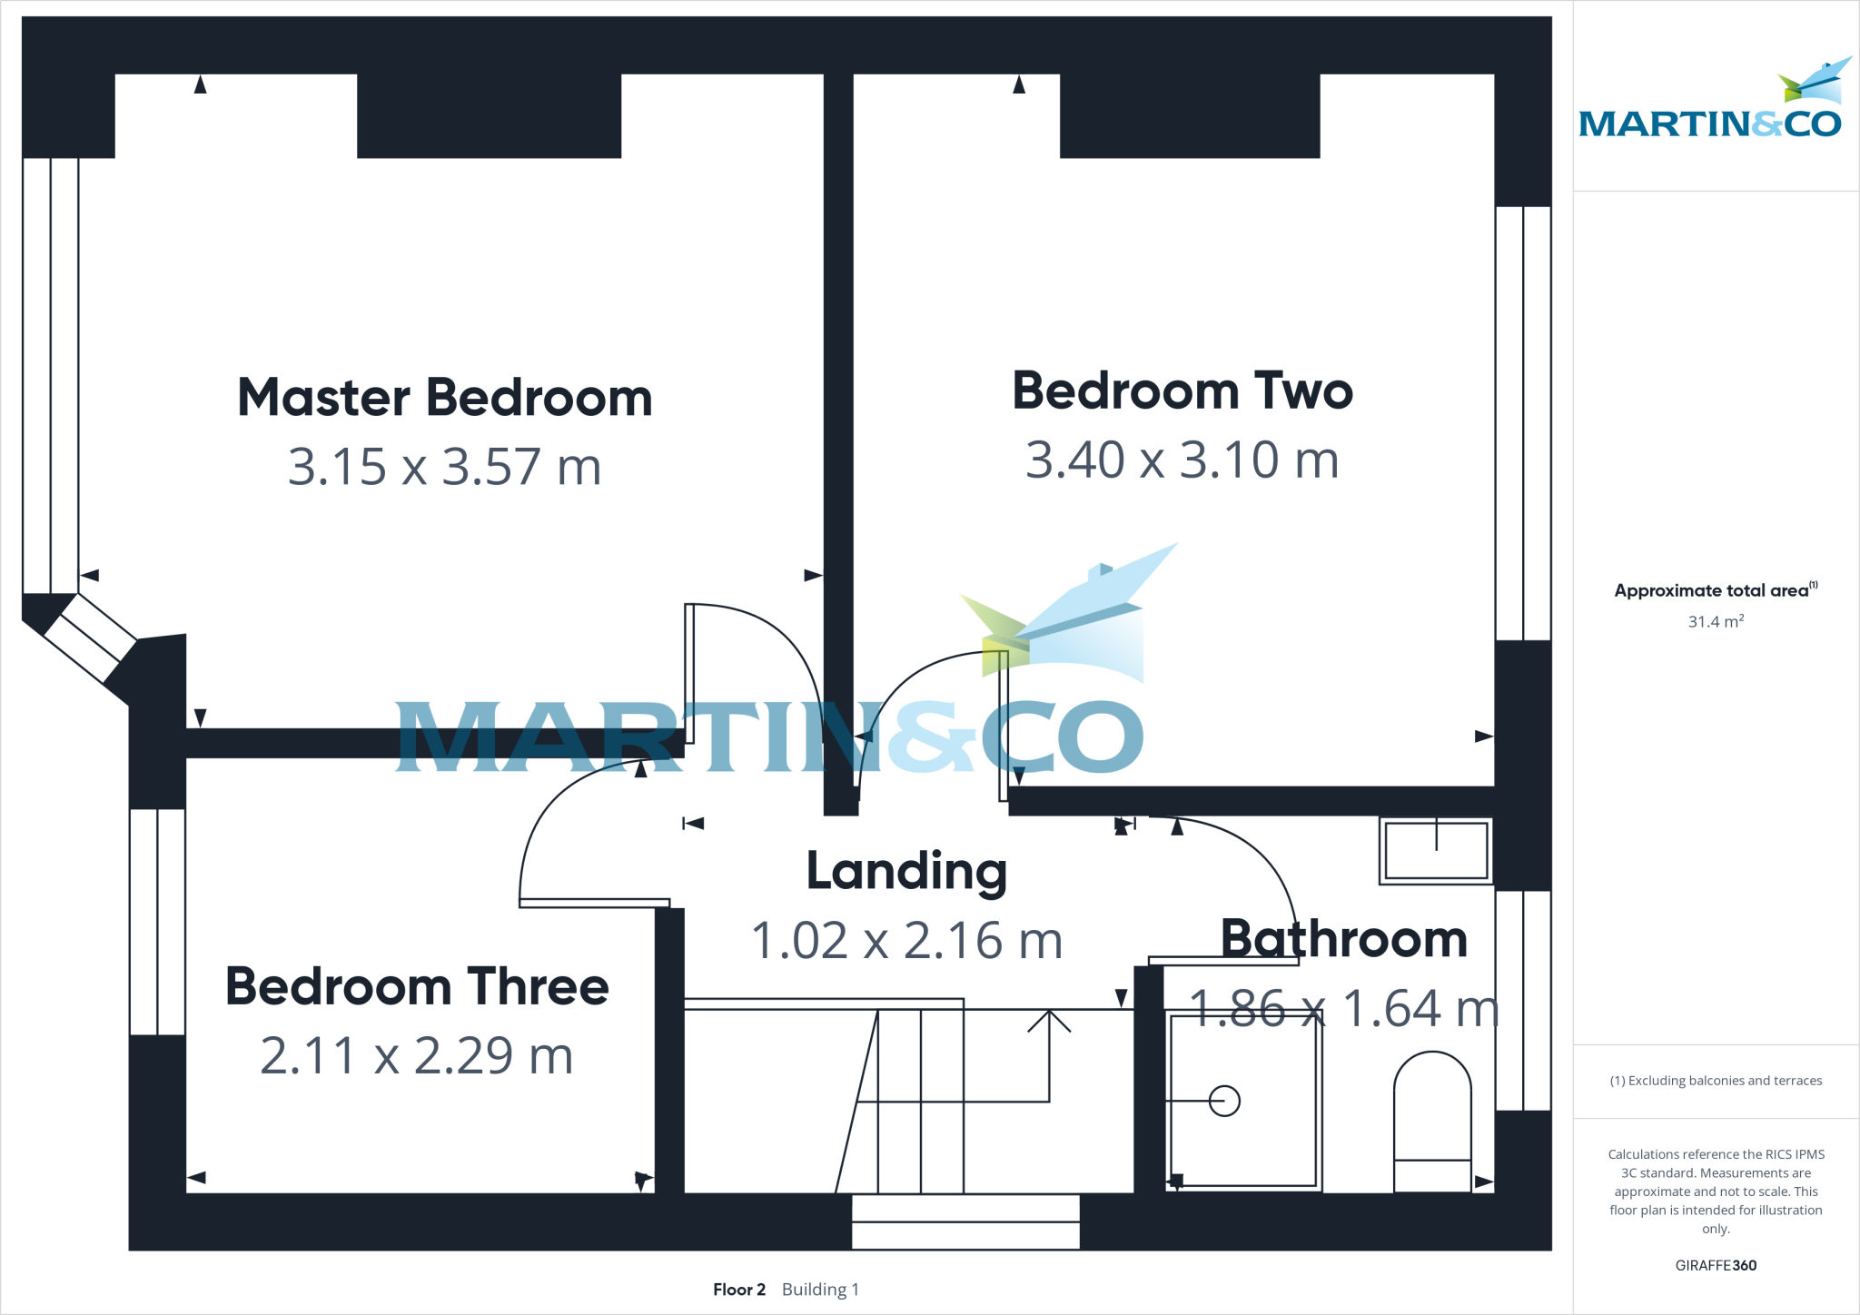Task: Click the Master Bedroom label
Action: [445, 398]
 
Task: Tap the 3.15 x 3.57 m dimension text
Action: [445, 467]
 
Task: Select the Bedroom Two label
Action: [1182, 391]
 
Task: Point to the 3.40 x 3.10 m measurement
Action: [1182, 460]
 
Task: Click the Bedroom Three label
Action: [417, 986]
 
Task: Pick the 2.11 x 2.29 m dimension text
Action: [417, 1055]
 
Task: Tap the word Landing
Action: [906, 871]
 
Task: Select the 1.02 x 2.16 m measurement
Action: [906, 940]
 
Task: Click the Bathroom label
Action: [1344, 938]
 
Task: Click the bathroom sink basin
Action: [1436, 850]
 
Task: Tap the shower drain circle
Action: [1224, 1101]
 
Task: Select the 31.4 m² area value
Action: [1716, 622]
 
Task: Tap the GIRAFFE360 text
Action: [1716, 1265]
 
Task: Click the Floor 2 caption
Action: [738, 1290]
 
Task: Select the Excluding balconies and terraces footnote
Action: [1716, 1081]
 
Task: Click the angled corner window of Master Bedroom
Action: [90, 638]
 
